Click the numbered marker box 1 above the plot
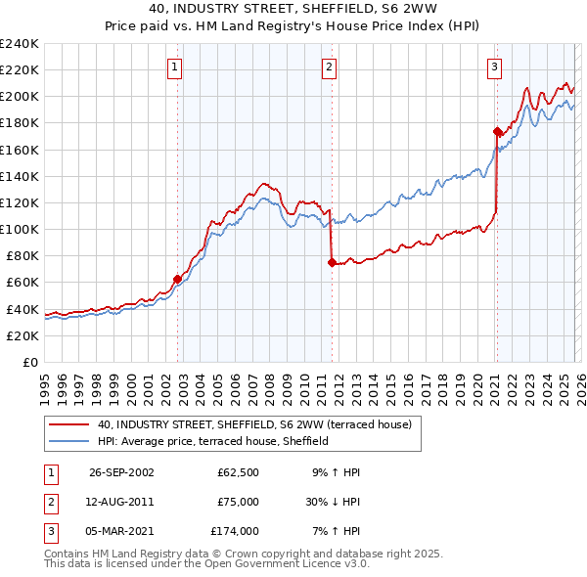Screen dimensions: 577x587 (x=174, y=67)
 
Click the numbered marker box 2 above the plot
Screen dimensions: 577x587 (x=328, y=67)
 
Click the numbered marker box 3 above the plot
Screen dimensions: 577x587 (x=494, y=67)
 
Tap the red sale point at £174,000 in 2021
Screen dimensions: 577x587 (x=497, y=131)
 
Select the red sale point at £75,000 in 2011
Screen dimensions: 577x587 (x=332, y=262)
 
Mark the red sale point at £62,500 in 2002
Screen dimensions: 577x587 (x=178, y=279)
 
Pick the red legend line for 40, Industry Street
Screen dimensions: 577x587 (x=68, y=424)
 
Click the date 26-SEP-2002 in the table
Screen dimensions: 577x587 (x=121, y=472)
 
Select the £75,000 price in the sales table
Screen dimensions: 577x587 (x=238, y=502)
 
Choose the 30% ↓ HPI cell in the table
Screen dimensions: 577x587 (x=335, y=502)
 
